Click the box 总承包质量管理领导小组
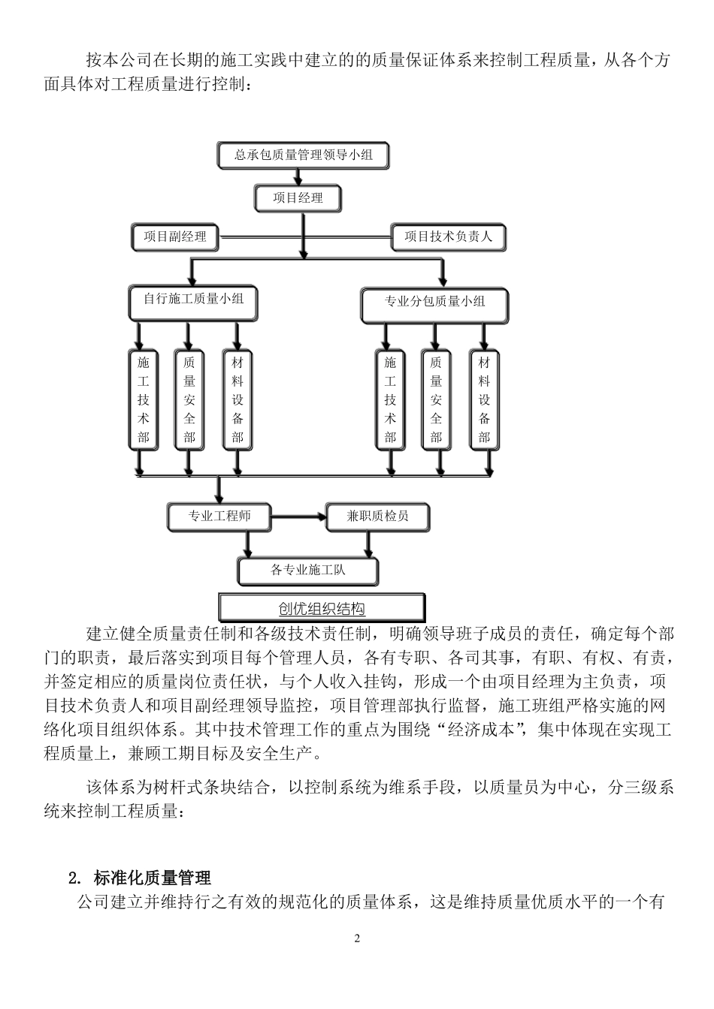304,156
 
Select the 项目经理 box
298,198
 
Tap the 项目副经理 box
174,237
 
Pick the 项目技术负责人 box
448,237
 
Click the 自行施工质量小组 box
193,299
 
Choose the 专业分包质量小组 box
434,302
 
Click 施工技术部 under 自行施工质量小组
143,400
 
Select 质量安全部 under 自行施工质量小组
189,400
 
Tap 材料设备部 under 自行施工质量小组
237,400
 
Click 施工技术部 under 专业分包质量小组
389,400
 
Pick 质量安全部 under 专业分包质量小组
436,400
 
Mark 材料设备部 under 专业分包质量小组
484,400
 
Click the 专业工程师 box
219,517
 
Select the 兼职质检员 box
377,517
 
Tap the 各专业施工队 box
307,571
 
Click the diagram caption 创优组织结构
322,608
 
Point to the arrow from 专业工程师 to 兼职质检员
298,517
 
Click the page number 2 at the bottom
357,938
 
